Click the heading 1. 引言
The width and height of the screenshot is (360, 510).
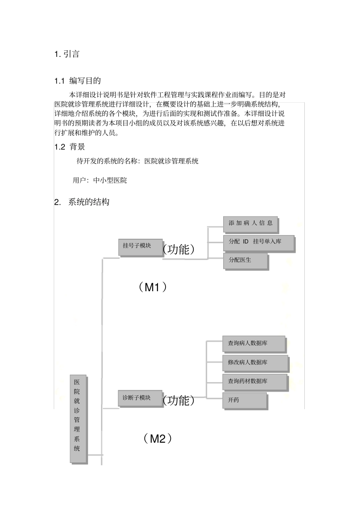pos(67,54)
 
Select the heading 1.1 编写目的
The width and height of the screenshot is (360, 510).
pos(77,81)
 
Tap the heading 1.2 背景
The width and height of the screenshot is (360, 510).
pos(70,147)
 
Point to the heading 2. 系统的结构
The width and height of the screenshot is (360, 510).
pos(82,202)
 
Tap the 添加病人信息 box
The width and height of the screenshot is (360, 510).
pos(250,224)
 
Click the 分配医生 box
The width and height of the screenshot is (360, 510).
pos(246,260)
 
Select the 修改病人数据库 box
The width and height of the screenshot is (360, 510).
pos(255,363)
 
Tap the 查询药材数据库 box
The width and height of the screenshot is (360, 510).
pos(254,381)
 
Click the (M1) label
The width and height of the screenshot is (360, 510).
pos(152,287)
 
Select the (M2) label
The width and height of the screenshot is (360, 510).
pos(158,439)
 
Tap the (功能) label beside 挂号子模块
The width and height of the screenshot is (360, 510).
pos(178,249)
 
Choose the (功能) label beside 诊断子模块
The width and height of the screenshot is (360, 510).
pos(178,400)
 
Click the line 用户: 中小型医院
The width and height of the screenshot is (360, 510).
pos(100,180)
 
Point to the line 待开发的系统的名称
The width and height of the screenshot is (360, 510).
pos(138,161)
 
